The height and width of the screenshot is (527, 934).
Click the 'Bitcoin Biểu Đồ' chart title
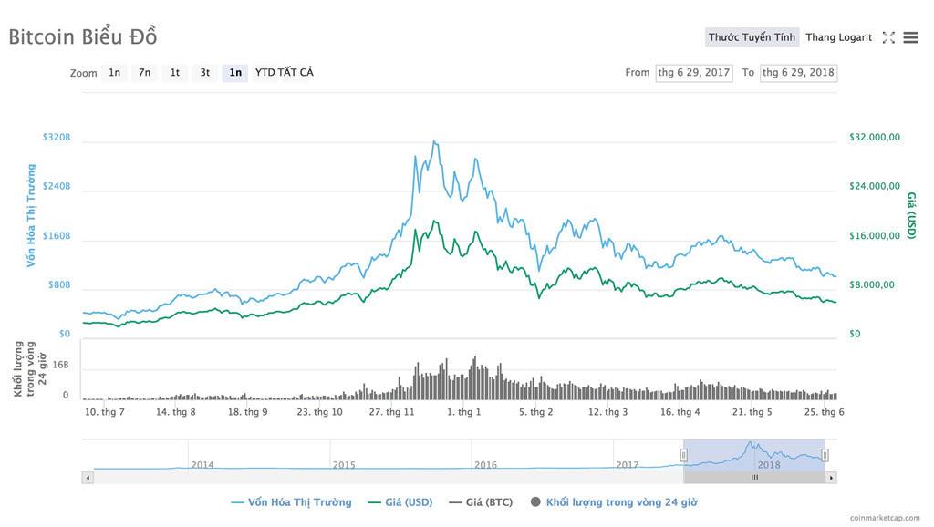(83, 36)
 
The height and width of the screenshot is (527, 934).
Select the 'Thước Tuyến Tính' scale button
(752, 37)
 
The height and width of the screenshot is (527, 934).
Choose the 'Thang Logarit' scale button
(838, 37)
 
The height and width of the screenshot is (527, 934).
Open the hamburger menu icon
(910, 37)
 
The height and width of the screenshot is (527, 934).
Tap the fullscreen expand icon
(888, 37)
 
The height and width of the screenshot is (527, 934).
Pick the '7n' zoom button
(144, 73)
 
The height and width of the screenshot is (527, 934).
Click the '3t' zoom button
(205, 73)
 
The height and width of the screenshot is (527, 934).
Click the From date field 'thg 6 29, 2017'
(694, 73)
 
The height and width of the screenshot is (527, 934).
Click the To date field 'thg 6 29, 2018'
(798, 73)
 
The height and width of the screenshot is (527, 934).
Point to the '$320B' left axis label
(56, 138)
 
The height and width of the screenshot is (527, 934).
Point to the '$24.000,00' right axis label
(874, 187)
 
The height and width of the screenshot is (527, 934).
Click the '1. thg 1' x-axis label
(463, 412)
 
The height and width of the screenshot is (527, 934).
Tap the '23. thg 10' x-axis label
(319, 412)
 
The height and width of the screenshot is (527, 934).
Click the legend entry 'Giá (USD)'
(400, 502)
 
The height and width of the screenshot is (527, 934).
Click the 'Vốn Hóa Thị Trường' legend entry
(291, 502)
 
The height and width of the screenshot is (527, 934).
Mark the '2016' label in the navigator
(485, 465)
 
